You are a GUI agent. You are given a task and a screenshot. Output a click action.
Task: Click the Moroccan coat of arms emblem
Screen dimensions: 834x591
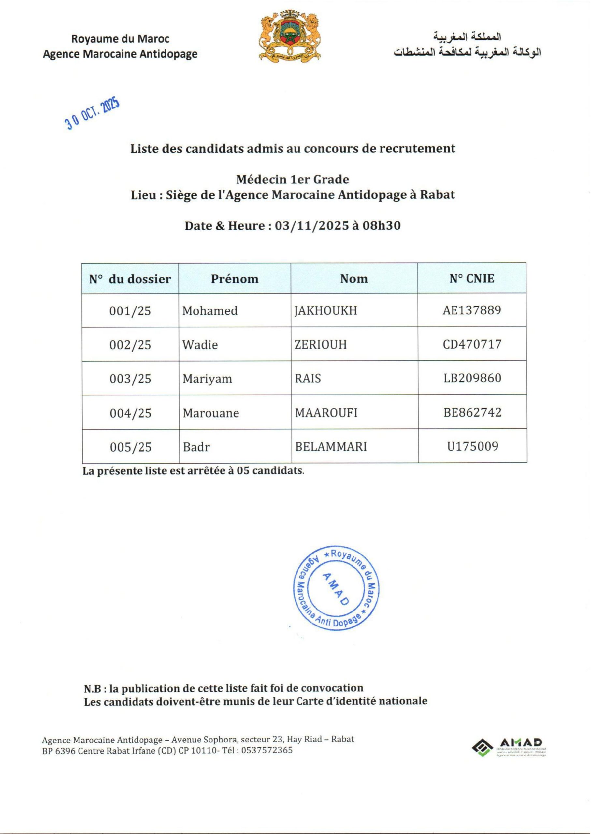[x=290, y=36]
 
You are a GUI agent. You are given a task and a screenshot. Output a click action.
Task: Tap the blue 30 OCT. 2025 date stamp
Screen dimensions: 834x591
[x=93, y=114]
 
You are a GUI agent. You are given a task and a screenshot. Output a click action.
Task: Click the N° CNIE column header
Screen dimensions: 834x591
[x=472, y=279]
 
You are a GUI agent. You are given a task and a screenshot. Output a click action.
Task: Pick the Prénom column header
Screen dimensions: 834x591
[x=235, y=279]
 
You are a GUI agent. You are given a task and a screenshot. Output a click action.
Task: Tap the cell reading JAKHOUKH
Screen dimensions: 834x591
[x=326, y=310]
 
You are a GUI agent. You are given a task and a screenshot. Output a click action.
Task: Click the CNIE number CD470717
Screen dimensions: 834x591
[x=472, y=344]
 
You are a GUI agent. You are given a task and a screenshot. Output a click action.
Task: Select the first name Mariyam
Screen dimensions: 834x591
[x=207, y=379]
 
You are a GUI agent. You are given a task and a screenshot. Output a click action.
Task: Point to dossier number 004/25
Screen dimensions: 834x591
[x=130, y=413]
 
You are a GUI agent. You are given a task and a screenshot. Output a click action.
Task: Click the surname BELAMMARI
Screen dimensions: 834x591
[x=331, y=446]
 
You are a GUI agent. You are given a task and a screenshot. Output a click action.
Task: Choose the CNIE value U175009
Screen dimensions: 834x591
[x=472, y=446]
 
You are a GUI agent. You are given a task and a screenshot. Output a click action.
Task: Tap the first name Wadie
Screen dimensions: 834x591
[x=200, y=345]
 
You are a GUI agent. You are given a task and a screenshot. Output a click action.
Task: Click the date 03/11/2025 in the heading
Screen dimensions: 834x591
[x=311, y=225]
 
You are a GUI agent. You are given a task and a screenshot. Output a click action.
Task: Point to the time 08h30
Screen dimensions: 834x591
[x=382, y=225]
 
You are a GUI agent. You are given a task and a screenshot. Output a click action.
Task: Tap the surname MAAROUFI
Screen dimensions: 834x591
[x=326, y=413]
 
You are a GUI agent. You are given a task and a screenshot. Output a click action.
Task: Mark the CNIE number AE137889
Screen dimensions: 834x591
[x=472, y=310]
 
